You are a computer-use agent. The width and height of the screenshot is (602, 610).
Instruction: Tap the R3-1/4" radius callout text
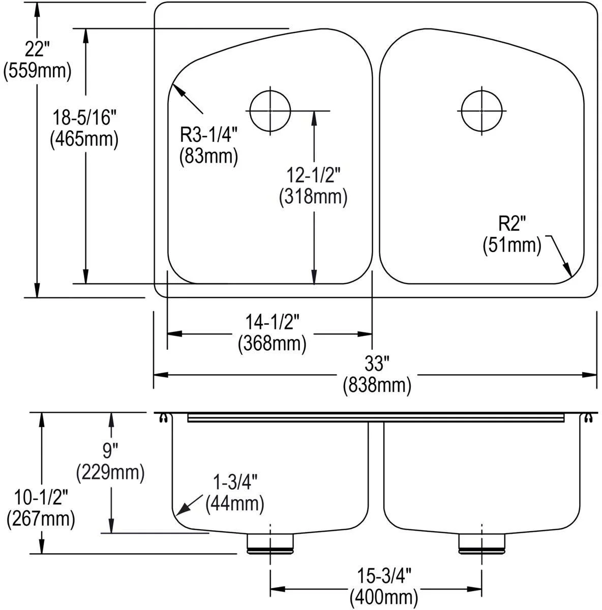[x=208, y=134]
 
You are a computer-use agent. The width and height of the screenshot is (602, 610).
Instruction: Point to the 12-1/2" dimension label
[x=313, y=175]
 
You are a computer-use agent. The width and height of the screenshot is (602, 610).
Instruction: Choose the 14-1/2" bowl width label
[x=273, y=322]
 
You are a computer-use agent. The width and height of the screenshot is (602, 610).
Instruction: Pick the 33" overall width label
[x=376, y=363]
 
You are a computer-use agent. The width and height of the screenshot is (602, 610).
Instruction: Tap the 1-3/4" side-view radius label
[x=235, y=482]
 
